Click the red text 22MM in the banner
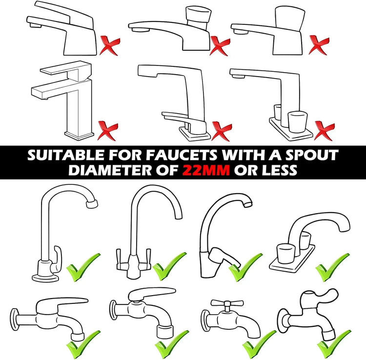click(206, 170)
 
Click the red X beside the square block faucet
click(108, 130)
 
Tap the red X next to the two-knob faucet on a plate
click(325, 130)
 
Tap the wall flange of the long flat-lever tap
click(15, 320)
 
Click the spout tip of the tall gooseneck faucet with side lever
click(92, 204)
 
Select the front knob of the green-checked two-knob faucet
click(286, 253)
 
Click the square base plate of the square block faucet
click(79, 135)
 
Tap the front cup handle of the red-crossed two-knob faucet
click(297, 122)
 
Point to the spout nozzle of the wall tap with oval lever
click(165, 331)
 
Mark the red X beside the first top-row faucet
click(110, 45)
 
